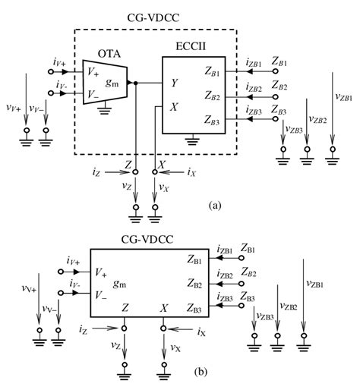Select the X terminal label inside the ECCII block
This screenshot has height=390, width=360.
174,107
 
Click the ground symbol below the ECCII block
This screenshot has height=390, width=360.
197,141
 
